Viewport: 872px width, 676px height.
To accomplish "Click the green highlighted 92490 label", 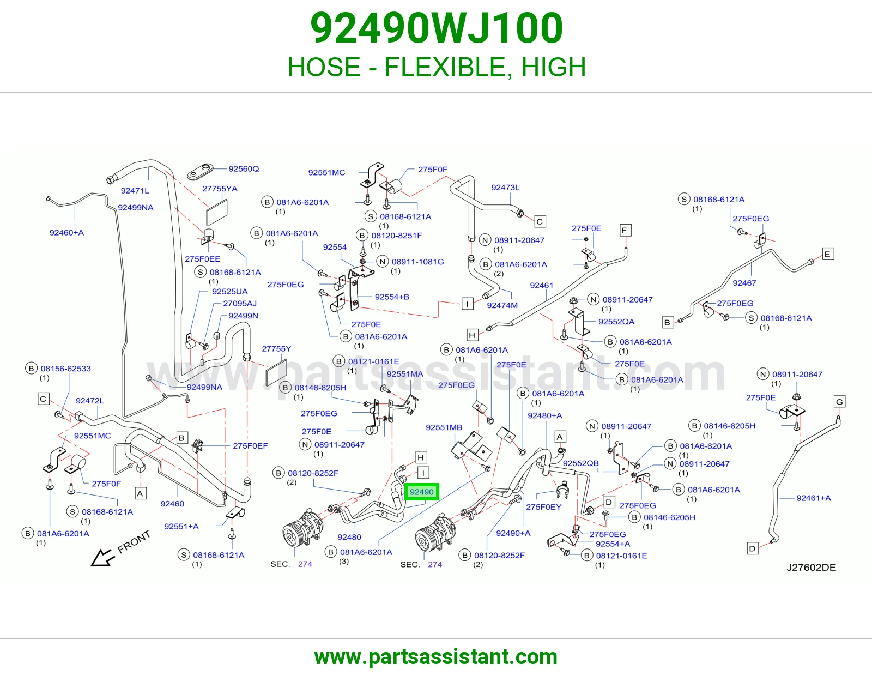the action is tap(422, 492).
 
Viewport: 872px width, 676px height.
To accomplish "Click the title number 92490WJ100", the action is tap(437, 28).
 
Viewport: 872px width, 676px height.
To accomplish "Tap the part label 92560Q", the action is tap(244, 169).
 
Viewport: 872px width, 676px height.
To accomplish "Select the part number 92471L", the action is tap(135, 191).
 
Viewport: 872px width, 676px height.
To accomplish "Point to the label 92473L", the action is tap(505, 188).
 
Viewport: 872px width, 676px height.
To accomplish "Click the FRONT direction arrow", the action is tap(103, 557).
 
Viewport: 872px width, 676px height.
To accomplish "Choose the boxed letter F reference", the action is tap(625, 231).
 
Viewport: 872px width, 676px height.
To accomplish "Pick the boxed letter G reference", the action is tap(839, 401).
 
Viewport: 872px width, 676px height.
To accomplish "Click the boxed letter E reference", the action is tap(828, 254).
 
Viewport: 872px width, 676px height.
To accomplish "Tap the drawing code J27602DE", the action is tap(811, 567).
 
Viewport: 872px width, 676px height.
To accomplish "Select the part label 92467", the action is tap(744, 283).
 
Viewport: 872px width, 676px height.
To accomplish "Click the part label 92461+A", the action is tap(813, 498).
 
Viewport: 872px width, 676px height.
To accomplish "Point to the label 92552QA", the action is tap(616, 322).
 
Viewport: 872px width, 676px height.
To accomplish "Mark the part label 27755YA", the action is tap(220, 189).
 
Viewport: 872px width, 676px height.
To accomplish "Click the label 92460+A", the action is tap(66, 232).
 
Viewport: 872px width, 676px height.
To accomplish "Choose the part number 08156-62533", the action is tap(66, 369).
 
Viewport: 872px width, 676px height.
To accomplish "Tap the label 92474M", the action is tap(502, 305).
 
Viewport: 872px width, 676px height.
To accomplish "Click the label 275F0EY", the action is tap(544, 507).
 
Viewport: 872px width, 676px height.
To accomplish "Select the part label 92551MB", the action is tap(444, 427).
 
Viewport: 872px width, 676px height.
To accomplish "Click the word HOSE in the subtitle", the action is tap(324, 67).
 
